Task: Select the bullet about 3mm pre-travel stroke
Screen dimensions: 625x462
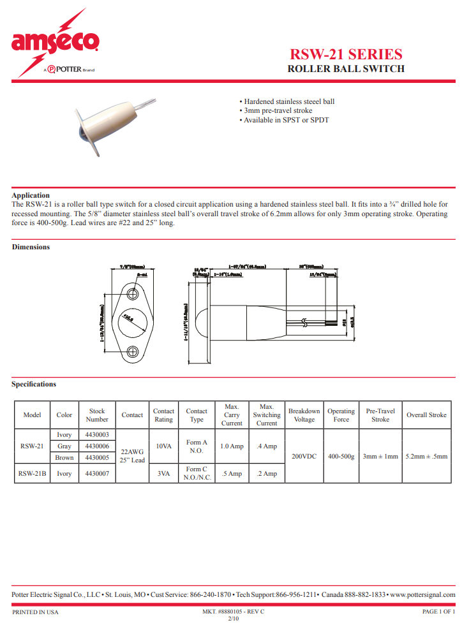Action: coord(276,110)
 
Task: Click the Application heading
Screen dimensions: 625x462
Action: coord(31,195)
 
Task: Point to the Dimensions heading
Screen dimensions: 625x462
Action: coord(31,247)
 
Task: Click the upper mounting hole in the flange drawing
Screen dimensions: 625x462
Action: coord(134,294)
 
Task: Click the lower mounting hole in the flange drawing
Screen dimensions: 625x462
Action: coord(134,351)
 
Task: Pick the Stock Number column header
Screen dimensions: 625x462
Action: coord(97,415)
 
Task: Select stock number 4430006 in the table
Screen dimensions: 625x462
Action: coord(97,446)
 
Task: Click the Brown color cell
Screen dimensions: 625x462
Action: coord(64,457)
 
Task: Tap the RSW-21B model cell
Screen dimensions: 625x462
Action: coord(32,474)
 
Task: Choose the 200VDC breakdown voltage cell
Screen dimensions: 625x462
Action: coord(304,457)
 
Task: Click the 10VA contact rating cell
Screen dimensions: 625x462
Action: coord(163,446)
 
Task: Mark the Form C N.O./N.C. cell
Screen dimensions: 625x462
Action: coord(197,473)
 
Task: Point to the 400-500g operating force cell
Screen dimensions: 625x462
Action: coord(341,457)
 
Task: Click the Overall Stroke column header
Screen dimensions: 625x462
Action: coord(426,415)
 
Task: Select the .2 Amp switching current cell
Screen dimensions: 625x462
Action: coord(267,474)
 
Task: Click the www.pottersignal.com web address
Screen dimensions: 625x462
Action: coord(422,594)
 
